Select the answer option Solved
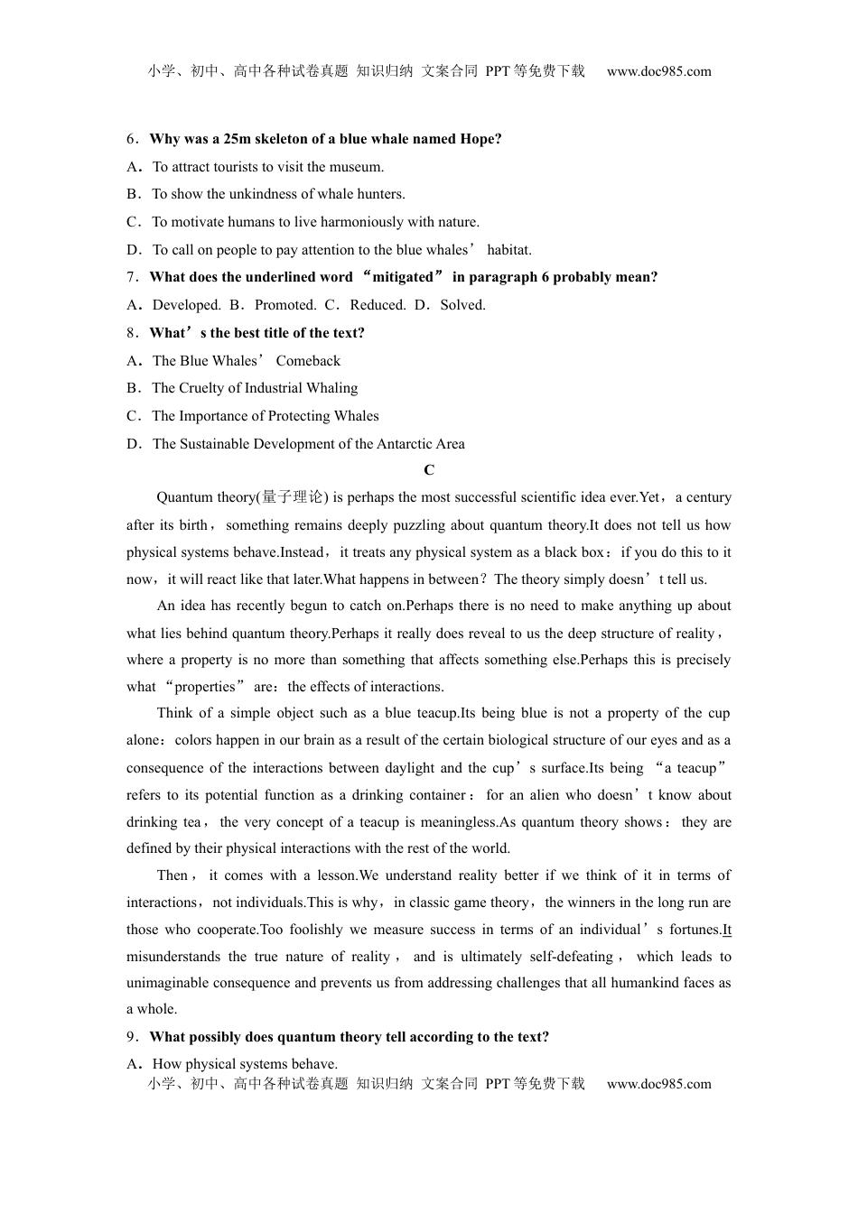point(462,305)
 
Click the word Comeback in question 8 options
point(308,361)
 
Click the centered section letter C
point(429,470)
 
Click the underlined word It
point(727,930)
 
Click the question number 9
point(132,1037)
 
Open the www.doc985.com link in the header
point(658,71)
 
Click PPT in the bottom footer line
point(498,1084)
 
